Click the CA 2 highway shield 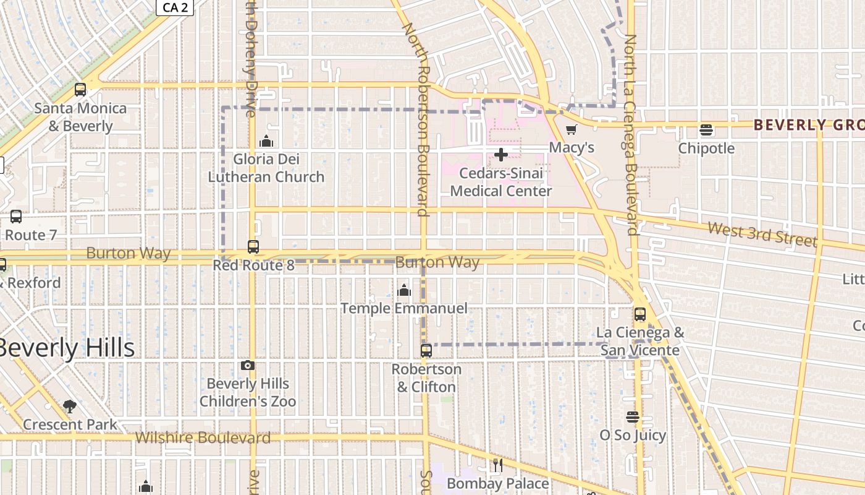[175, 7]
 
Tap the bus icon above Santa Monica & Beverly [80, 90]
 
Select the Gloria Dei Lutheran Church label [266, 168]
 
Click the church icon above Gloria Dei [266, 142]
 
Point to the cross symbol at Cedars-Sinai [501, 155]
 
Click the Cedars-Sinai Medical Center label [501, 182]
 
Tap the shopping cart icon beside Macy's [572, 130]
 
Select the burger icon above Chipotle [706, 130]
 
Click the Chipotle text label [706, 148]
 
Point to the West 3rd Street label [762, 235]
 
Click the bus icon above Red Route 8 [253, 247]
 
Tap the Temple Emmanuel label [404, 308]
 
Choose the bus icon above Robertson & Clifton [426, 351]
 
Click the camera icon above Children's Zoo [248, 366]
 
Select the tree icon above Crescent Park [70, 407]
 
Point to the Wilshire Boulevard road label [203, 438]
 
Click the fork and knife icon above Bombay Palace [498, 465]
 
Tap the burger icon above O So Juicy [632, 417]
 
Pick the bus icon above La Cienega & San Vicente [640, 314]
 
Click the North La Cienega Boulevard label [631, 135]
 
